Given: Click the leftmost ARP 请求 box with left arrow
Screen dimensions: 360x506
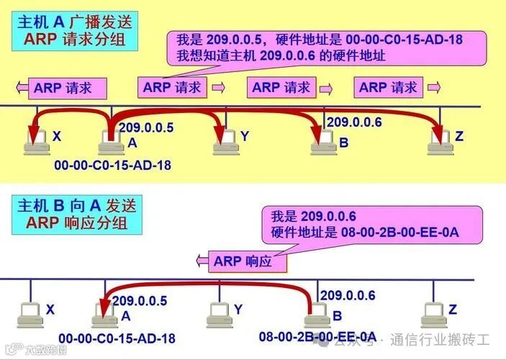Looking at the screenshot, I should coord(63,89).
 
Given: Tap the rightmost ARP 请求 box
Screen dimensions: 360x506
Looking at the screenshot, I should coord(388,88).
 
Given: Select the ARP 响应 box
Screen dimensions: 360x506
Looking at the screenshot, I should coord(243,261).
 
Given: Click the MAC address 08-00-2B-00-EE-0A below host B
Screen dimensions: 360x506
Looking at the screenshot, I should coord(317,336).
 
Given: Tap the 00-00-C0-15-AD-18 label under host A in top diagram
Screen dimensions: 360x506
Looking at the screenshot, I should coord(112,165).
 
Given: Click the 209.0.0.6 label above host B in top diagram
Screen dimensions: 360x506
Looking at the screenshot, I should coord(354,122).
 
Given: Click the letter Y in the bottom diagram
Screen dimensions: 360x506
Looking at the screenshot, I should coord(238,309).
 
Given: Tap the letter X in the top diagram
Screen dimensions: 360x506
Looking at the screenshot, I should coord(56,136).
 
